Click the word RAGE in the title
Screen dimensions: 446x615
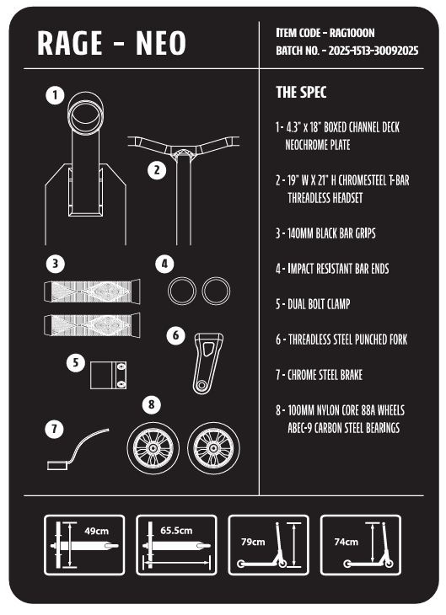(x=70, y=43)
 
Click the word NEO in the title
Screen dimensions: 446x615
(x=160, y=43)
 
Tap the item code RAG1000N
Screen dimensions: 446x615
(x=352, y=33)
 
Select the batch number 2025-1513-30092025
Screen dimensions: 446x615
(x=373, y=51)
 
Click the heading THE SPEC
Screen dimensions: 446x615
(x=301, y=92)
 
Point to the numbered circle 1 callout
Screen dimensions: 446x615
(x=55, y=95)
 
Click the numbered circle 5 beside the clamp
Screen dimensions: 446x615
(x=76, y=362)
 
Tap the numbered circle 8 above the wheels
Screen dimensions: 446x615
(x=152, y=404)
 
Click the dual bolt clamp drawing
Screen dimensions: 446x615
(x=109, y=376)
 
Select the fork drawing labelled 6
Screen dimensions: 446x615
(x=207, y=364)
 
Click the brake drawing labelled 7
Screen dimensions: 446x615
(x=77, y=450)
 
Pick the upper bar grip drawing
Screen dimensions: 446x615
(x=92, y=291)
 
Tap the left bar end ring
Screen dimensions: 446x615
(x=182, y=291)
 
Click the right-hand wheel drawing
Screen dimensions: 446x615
(x=213, y=448)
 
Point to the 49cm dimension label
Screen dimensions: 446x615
(x=97, y=531)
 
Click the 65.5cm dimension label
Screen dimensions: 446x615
(x=176, y=531)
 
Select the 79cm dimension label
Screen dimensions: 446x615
(x=253, y=542)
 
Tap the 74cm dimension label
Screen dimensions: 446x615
(x=346, y=542)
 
